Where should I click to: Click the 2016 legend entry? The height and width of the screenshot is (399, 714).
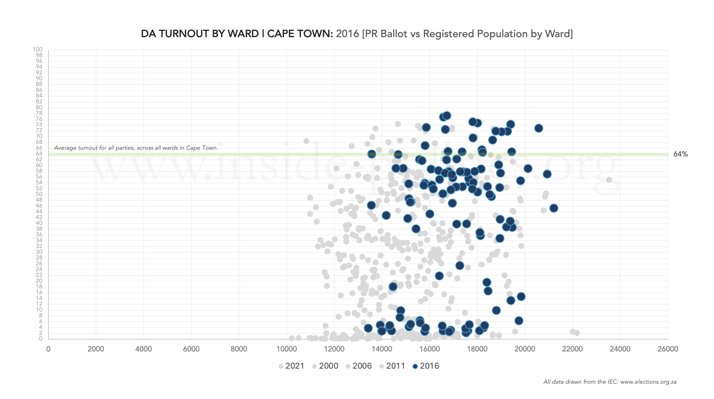426,366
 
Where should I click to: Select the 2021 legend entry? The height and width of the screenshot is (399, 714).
291,366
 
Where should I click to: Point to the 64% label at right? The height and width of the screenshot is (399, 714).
681,154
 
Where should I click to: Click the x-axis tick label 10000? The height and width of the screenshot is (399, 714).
287,349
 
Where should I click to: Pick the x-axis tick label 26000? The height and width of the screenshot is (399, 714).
668,349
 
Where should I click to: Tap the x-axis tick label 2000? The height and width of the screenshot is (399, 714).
96,349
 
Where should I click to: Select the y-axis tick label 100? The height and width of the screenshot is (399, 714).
37,50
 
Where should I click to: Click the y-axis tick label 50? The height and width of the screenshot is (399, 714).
39,194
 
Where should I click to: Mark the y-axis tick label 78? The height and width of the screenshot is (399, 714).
39,113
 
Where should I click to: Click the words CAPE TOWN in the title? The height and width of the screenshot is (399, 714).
300,34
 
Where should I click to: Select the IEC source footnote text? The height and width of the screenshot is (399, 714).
610,382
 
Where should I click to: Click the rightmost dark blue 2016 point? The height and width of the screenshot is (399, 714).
553,208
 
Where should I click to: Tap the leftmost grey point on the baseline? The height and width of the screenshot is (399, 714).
291,338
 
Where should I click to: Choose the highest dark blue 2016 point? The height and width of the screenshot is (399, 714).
447,115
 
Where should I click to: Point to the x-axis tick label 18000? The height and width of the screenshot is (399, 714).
477,349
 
